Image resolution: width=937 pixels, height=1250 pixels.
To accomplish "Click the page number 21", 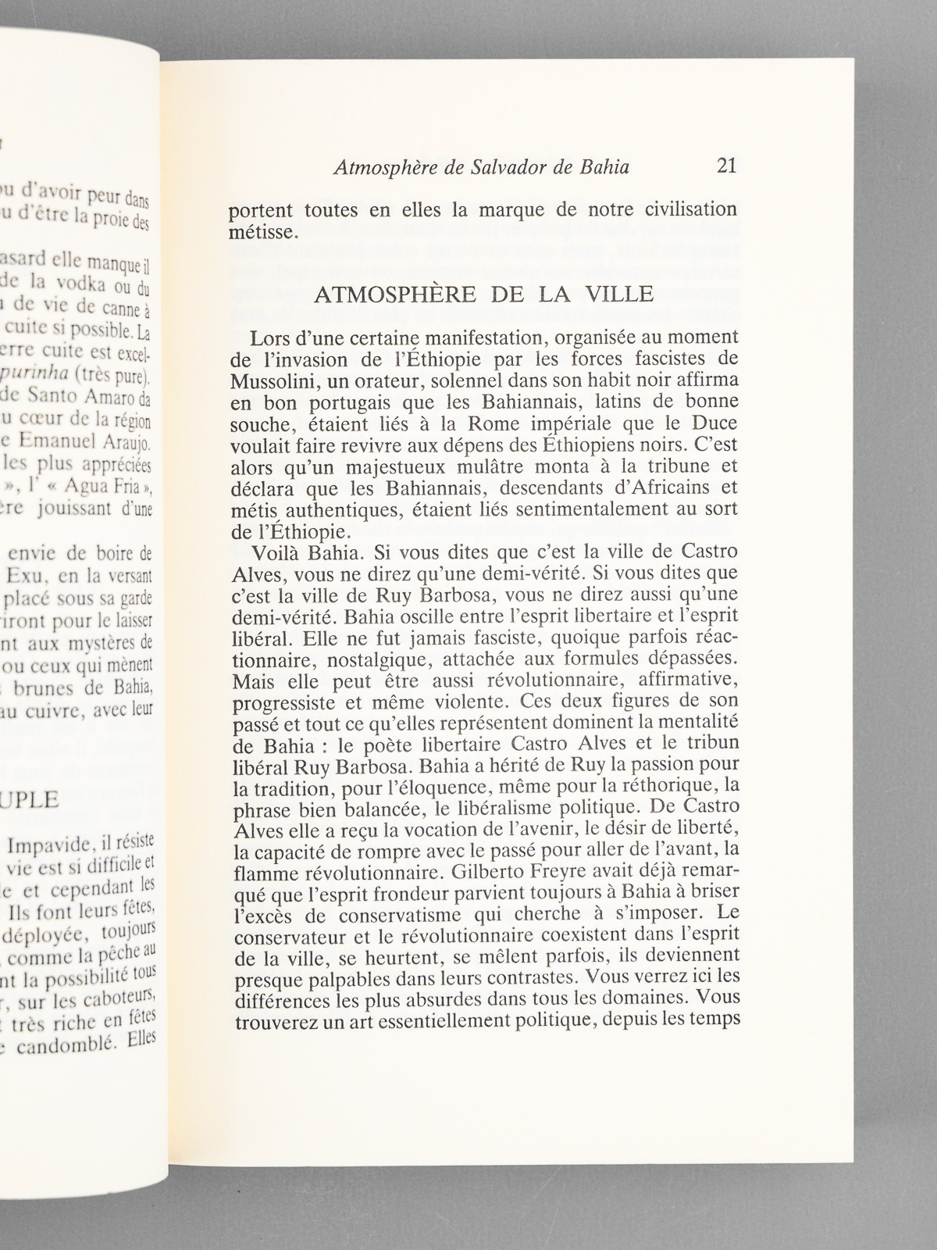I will pyautogui.click(x=726, y=166).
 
